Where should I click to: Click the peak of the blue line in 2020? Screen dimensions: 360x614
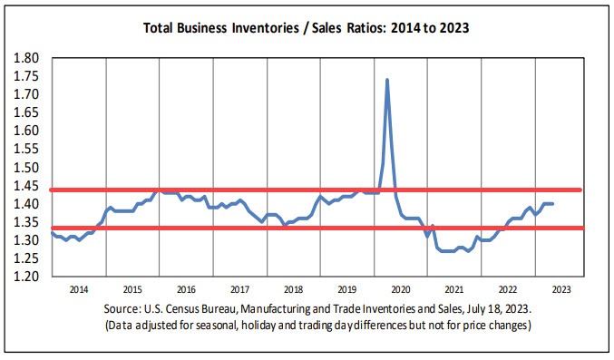coord(387,80)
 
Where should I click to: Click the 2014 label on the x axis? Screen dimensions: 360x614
coord(79,289)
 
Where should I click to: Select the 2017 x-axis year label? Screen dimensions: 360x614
coord(239,289)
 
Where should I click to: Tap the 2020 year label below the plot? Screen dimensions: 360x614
coord(400,289)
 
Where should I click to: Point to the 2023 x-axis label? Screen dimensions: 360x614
coord(560,289)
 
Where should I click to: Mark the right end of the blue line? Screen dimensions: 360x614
coord(553,204)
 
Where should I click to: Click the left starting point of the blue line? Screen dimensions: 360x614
coord(52,233)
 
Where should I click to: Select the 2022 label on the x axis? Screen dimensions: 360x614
coord(507,289)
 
